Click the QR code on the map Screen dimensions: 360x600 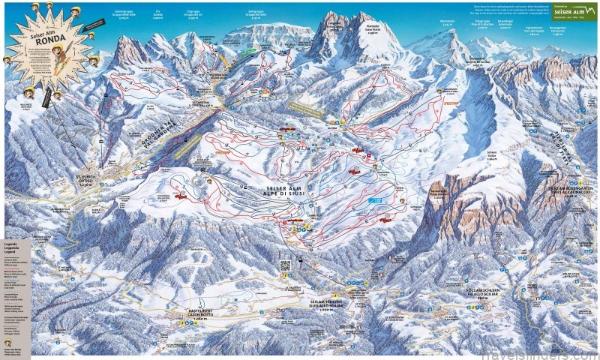pos(285,265)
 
